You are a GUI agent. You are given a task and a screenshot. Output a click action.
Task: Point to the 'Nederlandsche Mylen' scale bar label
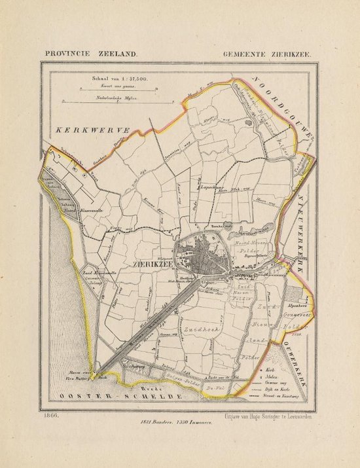[x=111, y=96]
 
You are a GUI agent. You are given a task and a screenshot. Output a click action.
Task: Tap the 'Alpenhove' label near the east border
[x=299, y=305]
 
